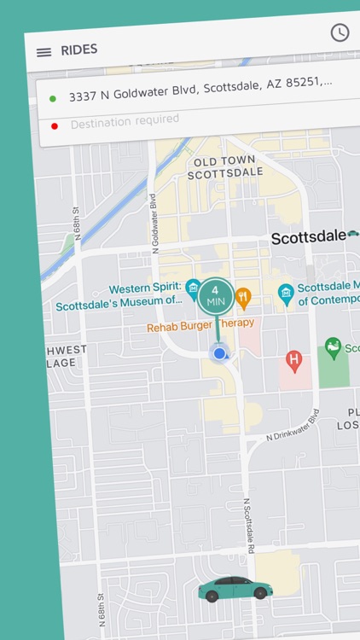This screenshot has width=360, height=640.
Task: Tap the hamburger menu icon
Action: point(44,52)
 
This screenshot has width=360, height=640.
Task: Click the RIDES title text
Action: point(79,49)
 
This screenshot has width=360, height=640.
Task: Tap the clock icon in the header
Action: point(340,32)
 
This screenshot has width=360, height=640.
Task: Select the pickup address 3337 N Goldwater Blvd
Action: point(200,88)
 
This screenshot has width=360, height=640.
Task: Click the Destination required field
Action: point(125,122)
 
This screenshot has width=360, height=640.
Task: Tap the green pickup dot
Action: point(53,99)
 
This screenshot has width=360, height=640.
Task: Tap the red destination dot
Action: point(55,126)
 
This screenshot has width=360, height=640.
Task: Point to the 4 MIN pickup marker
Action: point(216,297)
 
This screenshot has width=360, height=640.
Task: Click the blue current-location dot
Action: point(219,353)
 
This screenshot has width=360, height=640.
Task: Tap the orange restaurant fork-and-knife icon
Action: point(243,297)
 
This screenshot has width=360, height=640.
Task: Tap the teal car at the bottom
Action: point(235,589)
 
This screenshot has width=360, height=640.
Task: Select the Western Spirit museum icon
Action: point(194,287)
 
